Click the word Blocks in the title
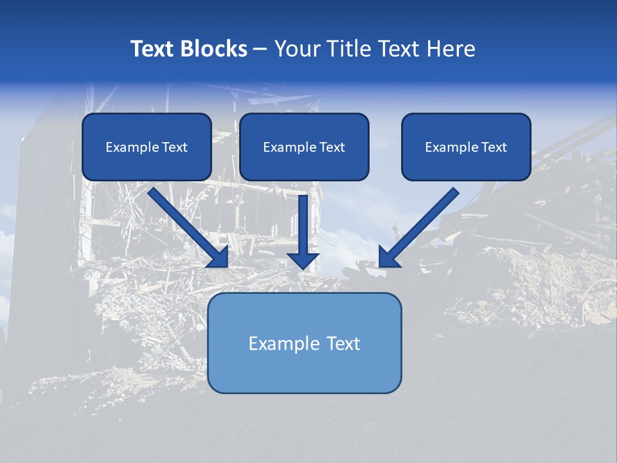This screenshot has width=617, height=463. coord(215,49)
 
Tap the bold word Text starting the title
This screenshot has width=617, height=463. coord(155,49)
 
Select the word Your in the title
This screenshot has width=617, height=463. coord(297,49)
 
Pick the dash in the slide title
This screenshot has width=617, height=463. coord(260,50)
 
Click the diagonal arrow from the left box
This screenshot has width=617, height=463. coord(186,225)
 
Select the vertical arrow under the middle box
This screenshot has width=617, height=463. coord(303,225)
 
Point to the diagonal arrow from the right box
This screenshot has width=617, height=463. coord(421,225)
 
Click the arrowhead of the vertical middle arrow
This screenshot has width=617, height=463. coord(303,260)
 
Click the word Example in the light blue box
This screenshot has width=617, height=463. coord(285,343)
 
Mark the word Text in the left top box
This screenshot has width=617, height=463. coord(174,147)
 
